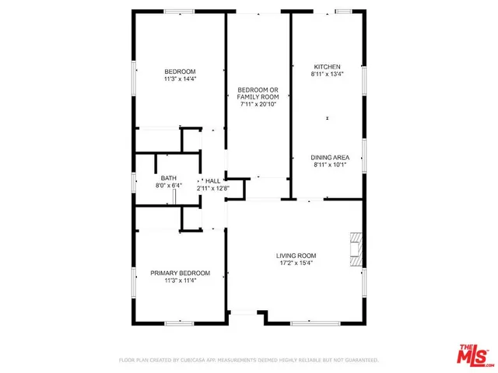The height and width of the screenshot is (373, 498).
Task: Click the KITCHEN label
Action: (327, 67)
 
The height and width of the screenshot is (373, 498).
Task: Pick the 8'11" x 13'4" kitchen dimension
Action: (327, 75)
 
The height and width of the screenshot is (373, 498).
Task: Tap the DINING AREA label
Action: (328, 157)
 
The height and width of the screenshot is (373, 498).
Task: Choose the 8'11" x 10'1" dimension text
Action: (328, 165)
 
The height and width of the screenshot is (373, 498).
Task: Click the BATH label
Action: (168, 178)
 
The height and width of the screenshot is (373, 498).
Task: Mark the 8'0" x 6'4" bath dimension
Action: (168, 186)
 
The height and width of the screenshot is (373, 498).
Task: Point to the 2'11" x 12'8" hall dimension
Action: (212, 186)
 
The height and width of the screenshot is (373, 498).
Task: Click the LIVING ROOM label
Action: (296, 256)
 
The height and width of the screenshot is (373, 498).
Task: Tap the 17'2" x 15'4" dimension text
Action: (296, 263)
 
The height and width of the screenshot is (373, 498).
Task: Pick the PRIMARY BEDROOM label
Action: (180, 273)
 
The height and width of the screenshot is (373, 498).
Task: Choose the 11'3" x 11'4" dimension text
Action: (180, 281)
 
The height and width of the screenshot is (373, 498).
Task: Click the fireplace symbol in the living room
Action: (356, 249)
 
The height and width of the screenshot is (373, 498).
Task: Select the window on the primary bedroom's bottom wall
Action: (180, 322)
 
